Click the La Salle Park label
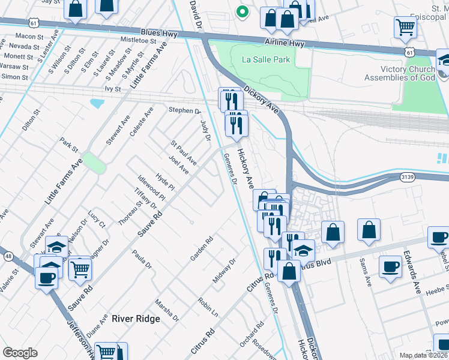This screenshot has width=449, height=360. (x=266, y=59)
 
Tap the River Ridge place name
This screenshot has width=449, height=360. (x=136, y=319)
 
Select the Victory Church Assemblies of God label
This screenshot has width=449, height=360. (x=399, y=73)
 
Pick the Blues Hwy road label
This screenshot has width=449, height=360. (x=159, y=33)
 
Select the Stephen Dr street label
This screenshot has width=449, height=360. (x=184, y=110)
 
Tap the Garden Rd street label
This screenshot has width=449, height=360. (x=202, y=248)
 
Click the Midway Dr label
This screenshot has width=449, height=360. (x=224, y=271)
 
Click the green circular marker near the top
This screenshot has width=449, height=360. (x=242, y=11)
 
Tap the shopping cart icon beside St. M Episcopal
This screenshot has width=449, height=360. (x=406, y=27)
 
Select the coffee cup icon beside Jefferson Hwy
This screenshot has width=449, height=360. (x=46, y=277)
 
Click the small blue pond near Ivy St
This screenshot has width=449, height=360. (x=97, y=103)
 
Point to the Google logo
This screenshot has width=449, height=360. (x=20, y=353)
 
